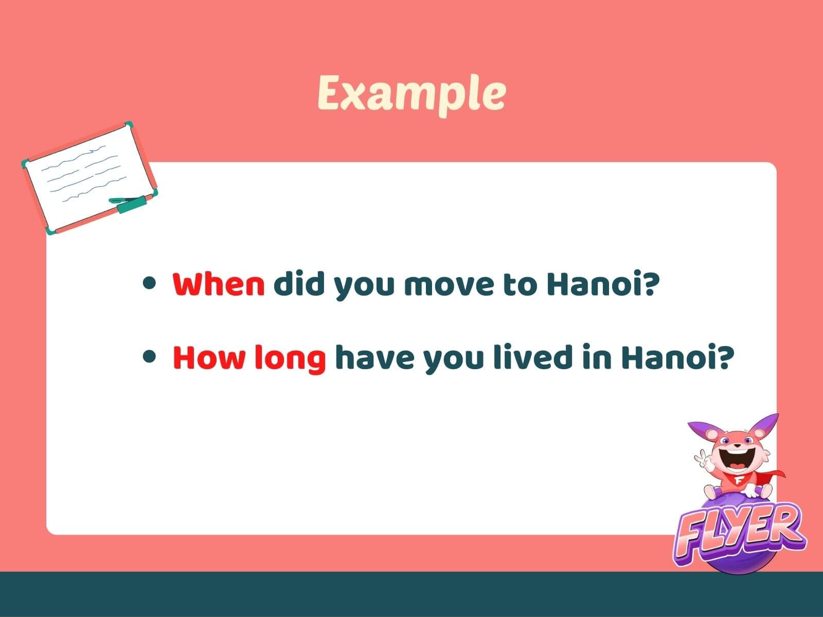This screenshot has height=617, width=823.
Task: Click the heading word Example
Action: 411,94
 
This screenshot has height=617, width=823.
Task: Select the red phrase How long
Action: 249,358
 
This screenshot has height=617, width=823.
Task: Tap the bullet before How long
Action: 149,357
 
